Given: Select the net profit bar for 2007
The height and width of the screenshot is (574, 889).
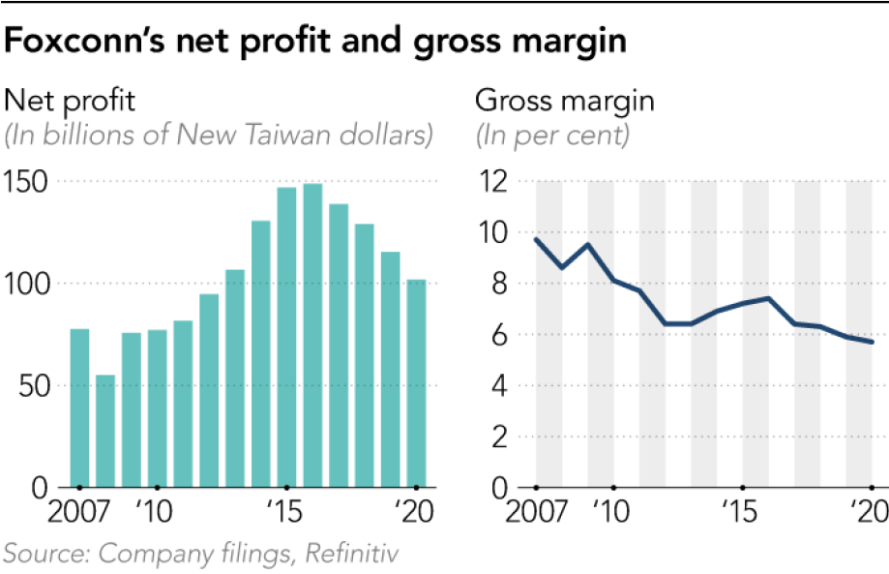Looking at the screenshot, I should pos(80,408).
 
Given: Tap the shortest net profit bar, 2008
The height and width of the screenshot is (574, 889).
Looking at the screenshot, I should pos(105,431).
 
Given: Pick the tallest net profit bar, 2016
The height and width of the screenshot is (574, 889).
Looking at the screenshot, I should pos(312,335).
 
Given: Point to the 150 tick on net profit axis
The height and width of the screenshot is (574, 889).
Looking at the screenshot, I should pos(28,181).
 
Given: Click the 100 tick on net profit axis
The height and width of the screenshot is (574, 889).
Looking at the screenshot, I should pos(28,284).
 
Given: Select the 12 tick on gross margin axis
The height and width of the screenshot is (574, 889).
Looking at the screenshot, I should pos(494,181).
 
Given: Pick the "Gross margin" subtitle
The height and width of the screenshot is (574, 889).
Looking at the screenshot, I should pos(551,101).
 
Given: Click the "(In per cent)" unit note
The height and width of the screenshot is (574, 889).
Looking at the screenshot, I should pos(552,135).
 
